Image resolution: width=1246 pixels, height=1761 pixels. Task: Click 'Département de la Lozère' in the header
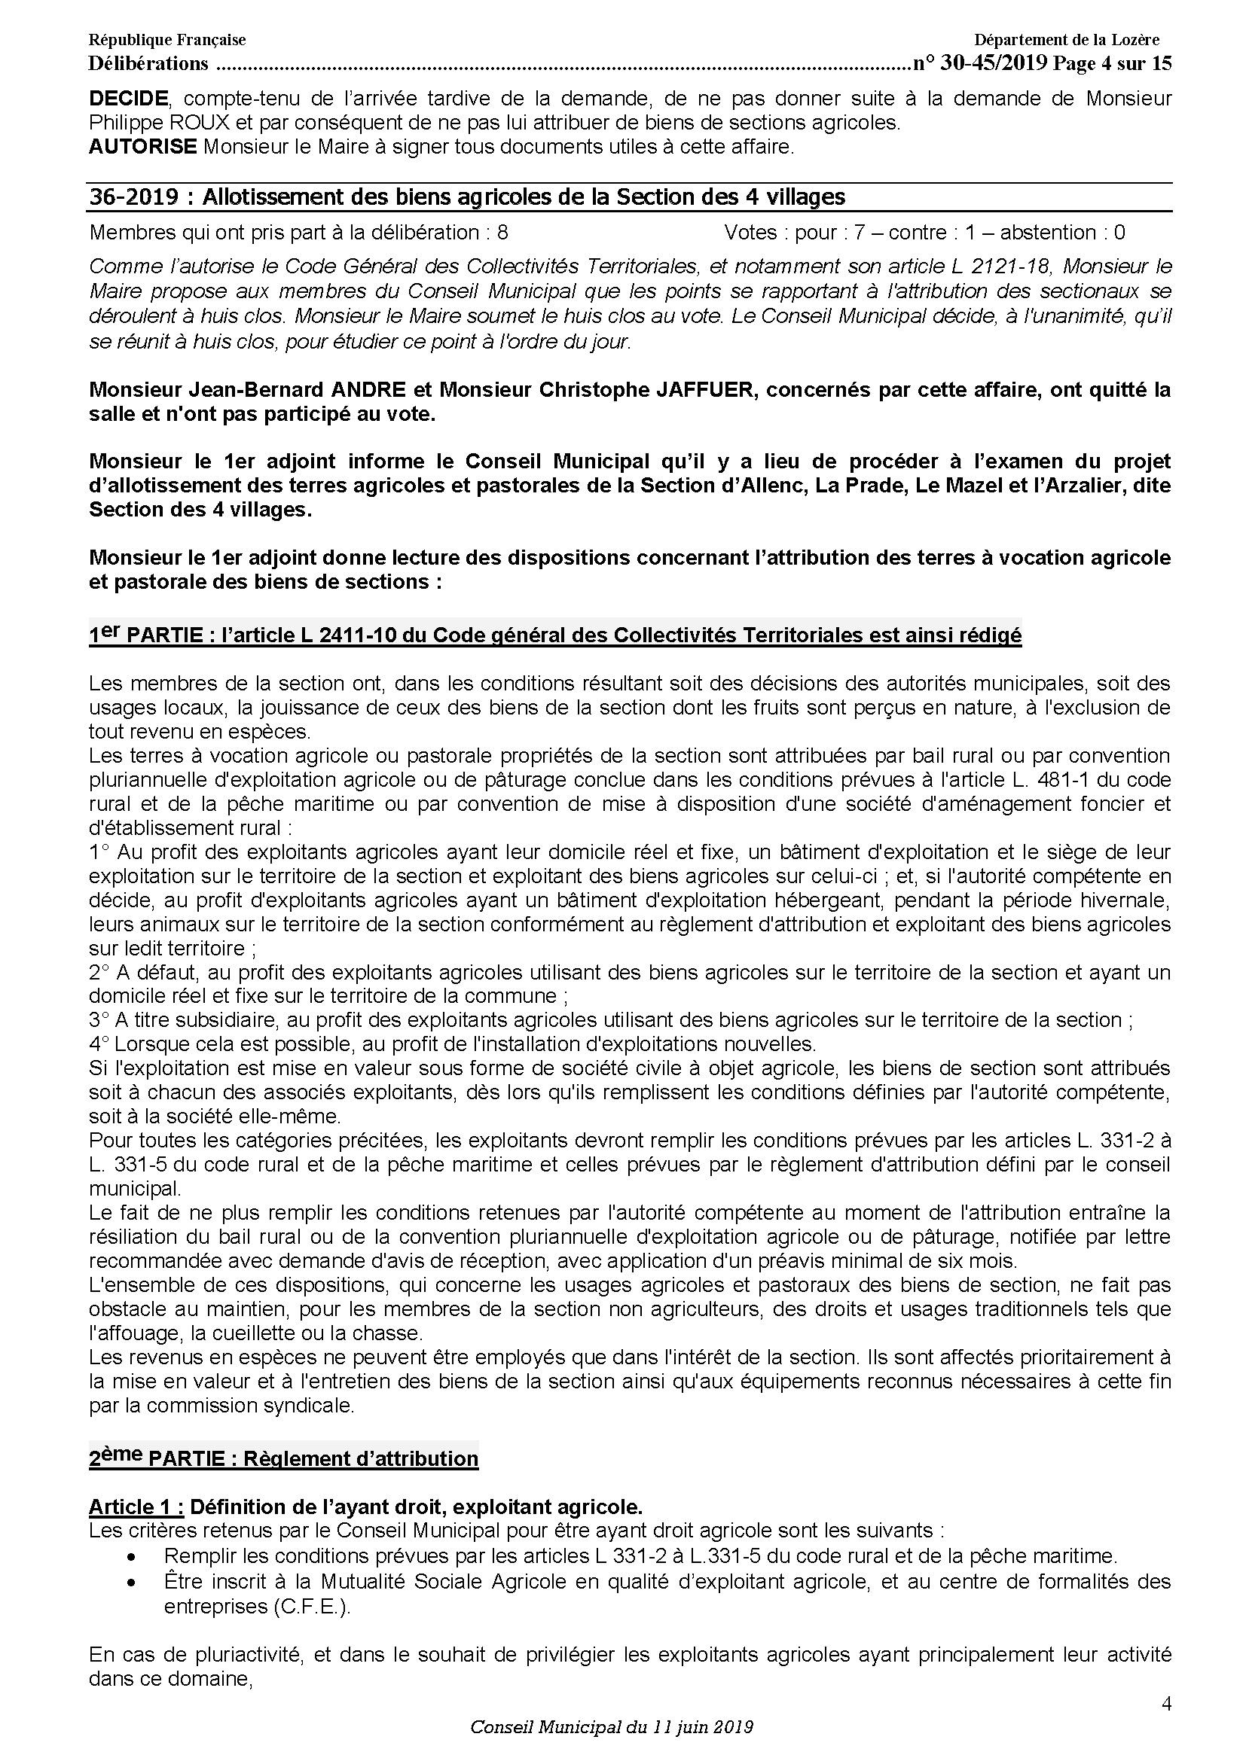1067,40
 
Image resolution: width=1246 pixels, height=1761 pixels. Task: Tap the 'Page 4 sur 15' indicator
1112,64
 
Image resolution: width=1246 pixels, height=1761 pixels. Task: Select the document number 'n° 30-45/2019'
980,64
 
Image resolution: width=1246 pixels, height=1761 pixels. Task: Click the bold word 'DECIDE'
128,98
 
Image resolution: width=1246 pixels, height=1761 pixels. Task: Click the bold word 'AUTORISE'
142,147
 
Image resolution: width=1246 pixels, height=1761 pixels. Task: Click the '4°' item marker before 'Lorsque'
99,1043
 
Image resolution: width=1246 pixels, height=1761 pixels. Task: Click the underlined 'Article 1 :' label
136,1507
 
